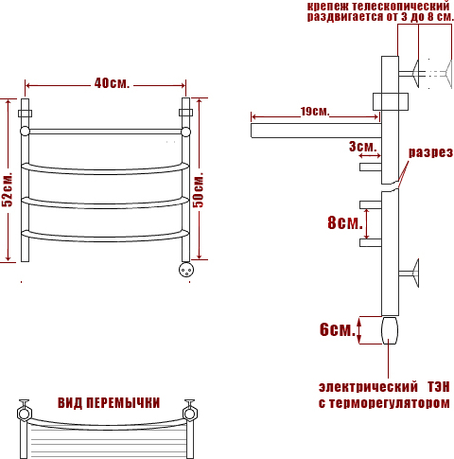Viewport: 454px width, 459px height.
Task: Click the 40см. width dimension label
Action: coord(112,83)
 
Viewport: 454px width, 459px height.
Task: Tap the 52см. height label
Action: coord(8,190)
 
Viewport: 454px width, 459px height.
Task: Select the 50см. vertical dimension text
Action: coord(199,189)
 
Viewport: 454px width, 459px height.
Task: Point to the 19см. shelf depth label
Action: coord(315,111)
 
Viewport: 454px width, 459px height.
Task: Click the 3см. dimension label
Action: coord(363,147)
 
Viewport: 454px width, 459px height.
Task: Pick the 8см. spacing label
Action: coord(345,222)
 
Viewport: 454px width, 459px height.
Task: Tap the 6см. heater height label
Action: coord(338,329)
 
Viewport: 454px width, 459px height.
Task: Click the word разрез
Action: coord(431,152)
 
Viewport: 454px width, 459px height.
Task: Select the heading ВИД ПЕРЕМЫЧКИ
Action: coord(109,403)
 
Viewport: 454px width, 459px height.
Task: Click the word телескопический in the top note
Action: coord(400,6)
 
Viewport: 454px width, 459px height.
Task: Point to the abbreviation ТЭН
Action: coord(439,387)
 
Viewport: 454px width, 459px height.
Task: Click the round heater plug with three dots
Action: coord(186,270)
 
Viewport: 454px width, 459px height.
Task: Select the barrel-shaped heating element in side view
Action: coord(390,330)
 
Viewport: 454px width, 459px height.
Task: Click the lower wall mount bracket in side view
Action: coord(409,274)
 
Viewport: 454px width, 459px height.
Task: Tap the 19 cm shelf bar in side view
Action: coord(316,131)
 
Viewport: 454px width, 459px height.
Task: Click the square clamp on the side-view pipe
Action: coord(391,101)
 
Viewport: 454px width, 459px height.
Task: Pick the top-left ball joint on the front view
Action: coord(25,132)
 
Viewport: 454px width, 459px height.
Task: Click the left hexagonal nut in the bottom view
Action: coord(25,413)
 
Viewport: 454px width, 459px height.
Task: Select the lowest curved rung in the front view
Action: coord(105,237)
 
